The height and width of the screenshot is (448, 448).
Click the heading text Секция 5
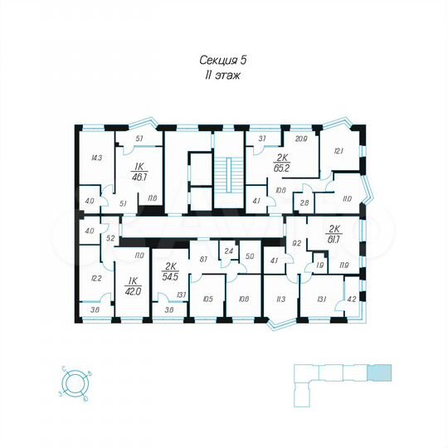(x=224, y=60)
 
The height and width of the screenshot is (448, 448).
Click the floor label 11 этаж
(x=224, y=75)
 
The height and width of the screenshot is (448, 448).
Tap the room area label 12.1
(x=338, y=150)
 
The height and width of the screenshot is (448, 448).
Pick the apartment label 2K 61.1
(x=336, y=235)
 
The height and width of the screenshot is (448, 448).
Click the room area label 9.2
(x=296, y=243)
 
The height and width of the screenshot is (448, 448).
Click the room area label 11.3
(x=280, y=299)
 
